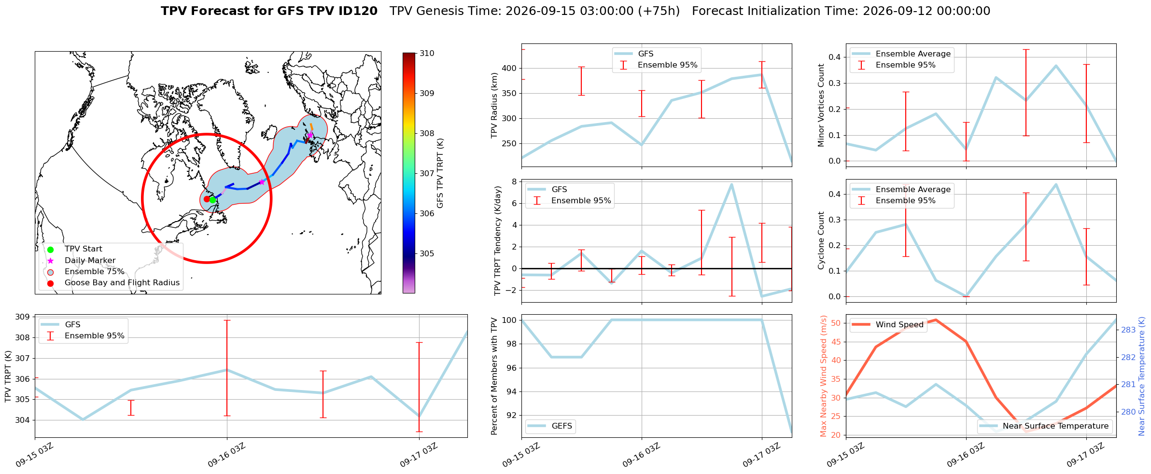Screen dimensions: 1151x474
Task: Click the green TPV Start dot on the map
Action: (212, 200)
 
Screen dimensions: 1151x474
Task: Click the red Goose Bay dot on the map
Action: (207, 199)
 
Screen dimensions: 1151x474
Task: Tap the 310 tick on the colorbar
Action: (427, 54)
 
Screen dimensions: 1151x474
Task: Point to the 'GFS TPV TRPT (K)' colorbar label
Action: (440, 173)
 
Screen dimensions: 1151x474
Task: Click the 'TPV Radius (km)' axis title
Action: (494, 105)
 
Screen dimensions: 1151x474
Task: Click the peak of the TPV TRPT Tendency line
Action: (731, 184)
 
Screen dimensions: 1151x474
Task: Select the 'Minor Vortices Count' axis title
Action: (821, 105)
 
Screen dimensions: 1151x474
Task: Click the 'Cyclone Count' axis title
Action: (821, 240)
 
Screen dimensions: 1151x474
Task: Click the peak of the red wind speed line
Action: (936, 320)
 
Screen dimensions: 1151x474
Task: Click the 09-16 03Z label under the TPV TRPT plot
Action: (227, 455)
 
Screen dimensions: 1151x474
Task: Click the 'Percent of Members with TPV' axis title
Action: (494, 376)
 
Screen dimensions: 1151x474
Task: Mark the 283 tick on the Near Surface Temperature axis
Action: (1128, 330)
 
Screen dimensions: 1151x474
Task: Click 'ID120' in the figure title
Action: (360, 11)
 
